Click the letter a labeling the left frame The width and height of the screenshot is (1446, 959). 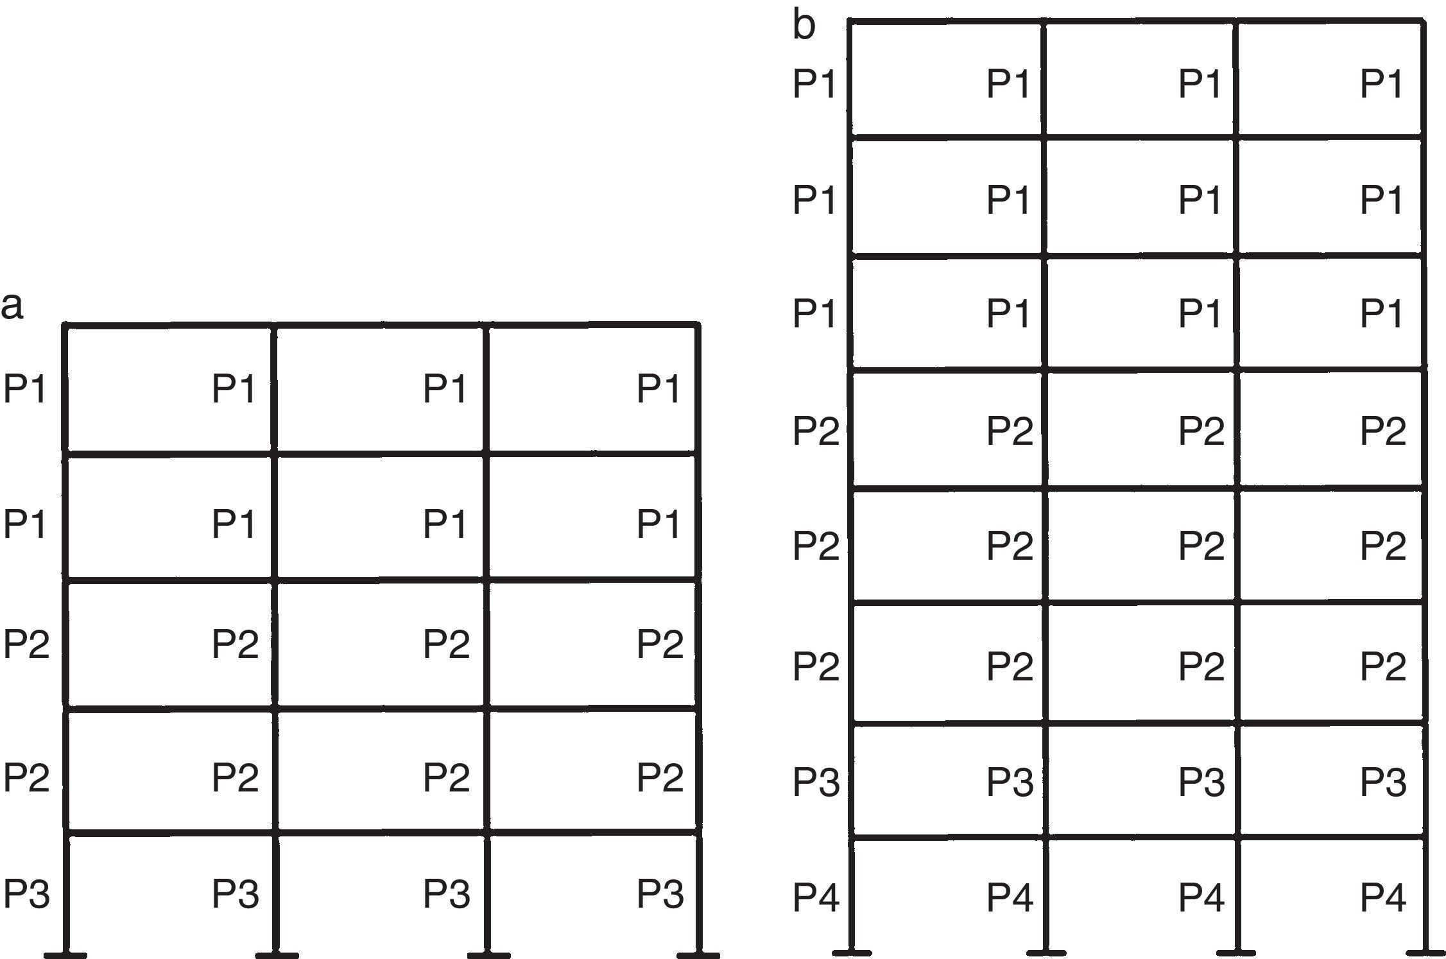[12, 307]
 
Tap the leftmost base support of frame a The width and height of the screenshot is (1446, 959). [65, 954]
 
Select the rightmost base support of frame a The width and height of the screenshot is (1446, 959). [698, 954]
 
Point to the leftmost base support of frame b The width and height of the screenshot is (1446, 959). [852, 951]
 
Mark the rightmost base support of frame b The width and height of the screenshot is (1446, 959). [1424, 951]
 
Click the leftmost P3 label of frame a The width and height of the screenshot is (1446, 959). [26, 893]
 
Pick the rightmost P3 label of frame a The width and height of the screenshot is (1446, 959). [660, 893]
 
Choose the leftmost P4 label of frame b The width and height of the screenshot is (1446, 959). [816, 897]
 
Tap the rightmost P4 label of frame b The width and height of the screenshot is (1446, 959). [1383, 897]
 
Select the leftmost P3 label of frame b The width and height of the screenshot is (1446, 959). [816, 781]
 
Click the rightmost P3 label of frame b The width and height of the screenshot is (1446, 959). [1383, 781]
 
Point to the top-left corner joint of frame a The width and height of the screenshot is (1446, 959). [65, 326]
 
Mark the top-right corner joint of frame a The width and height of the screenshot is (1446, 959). [698, 326]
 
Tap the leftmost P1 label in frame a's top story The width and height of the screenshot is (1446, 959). [25, 388]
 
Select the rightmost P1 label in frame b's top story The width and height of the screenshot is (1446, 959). [1381, 83]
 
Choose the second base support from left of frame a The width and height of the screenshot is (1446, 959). [276, 954]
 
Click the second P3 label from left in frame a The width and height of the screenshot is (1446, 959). [236, 893]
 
